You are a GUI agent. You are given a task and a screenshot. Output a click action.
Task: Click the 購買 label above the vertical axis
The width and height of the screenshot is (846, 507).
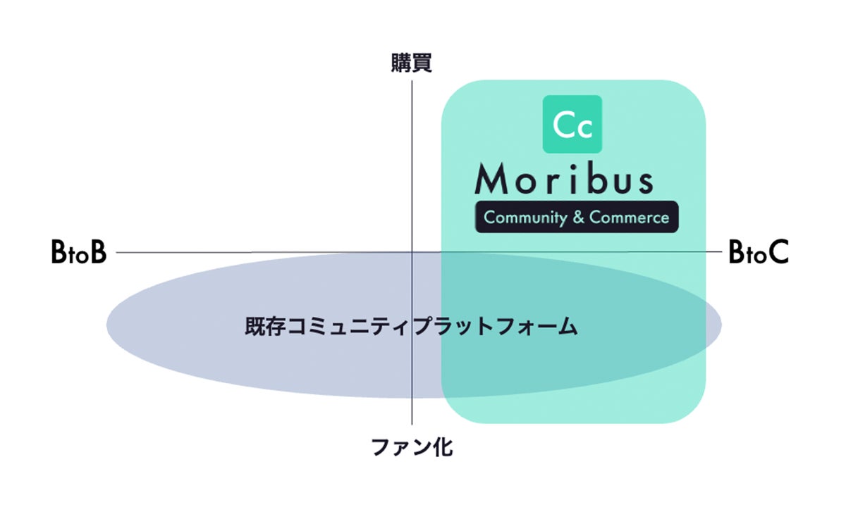[411, 64]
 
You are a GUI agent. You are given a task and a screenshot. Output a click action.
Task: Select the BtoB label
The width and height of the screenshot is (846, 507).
[78, 253]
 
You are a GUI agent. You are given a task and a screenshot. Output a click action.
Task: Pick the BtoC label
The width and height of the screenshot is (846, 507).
[758, 253]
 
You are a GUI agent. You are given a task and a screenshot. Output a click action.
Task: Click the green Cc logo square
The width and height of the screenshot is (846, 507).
[572, 124]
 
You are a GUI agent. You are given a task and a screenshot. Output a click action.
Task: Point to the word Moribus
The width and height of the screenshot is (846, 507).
[564, 180]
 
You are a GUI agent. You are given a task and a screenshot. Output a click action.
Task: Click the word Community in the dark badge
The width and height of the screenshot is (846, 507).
[525, 217]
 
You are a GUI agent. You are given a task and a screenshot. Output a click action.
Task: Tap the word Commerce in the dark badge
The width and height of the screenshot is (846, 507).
[629, 217]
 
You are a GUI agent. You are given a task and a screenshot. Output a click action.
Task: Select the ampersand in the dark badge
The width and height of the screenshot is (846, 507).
[578, 217]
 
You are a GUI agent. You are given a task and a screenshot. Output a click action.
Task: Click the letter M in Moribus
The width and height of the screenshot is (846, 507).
[491, 180]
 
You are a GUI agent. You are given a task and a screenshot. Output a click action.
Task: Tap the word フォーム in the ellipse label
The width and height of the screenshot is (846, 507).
[548, 327]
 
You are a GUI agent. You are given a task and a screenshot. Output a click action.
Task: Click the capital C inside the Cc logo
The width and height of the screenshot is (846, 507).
[564, 125]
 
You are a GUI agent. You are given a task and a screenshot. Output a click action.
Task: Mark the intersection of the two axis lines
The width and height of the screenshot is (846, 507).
[412, 252]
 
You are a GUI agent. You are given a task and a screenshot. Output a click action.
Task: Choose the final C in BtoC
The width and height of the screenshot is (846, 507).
[776, 253]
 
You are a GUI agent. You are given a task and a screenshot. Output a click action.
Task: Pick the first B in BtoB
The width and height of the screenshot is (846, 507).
[59, 253]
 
